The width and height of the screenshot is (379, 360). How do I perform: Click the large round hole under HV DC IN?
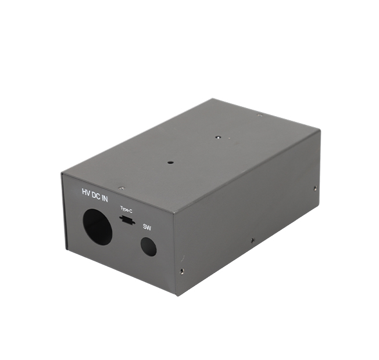[x=97, y=226]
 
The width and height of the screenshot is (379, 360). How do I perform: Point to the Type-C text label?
[x=126, y=208]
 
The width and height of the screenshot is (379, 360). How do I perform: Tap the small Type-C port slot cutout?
[x=126, y=219]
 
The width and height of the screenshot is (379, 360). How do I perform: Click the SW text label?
[x=146, y=228]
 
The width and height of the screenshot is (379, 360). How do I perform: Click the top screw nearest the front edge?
[x=121, y=188]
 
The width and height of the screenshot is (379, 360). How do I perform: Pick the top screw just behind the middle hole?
[x=217, y=138]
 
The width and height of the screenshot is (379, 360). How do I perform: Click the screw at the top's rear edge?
[x=260, y=115]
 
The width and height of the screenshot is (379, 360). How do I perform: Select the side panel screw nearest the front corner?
[x=183, y=270]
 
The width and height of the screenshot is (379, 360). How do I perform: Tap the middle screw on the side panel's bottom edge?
[x=252, y=239]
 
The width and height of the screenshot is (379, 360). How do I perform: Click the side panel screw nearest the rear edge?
[x=315, y=188]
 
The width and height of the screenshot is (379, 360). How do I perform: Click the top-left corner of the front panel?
[x=62, y=173]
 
